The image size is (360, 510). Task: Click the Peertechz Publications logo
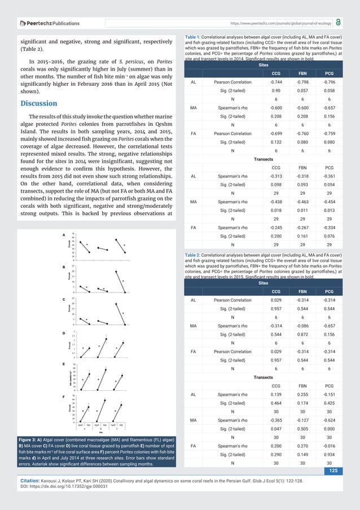click(x=50, y=24)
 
